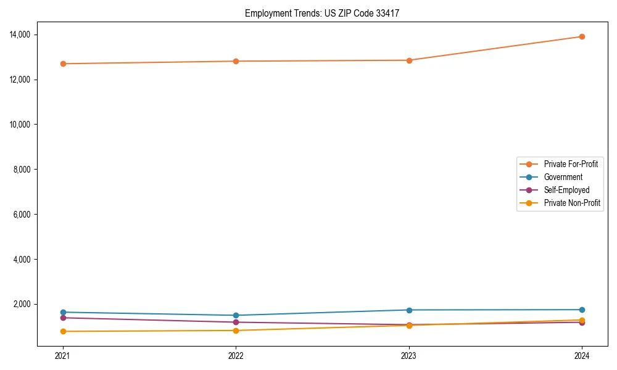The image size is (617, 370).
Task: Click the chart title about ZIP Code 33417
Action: click(x=321, y=13)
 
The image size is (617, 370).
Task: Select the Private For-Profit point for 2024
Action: click(x=582, y=36)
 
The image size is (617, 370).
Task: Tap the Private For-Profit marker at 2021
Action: click(x=63, y=64)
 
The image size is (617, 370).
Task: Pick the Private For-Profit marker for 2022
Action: click(x=236, y=61)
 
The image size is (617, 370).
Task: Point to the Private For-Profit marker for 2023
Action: click(x=409, y=60)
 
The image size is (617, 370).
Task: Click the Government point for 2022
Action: click(x=236, y=315)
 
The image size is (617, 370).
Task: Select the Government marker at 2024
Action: click(x=582, y=310)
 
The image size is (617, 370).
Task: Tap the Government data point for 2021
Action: click(x=63, y=312)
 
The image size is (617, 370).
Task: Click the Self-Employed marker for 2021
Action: click(x=63, y=318)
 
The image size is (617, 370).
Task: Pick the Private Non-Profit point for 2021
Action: click(x=63, y=331)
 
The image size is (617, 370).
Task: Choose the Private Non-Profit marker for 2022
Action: click(x=236, y=331)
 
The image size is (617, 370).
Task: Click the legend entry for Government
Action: click(x=563, y=177)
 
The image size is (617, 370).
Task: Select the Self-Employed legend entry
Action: click(x=566, y=190)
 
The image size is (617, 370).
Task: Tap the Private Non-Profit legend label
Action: click(x=572, y=203)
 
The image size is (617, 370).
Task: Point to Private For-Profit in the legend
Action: click(x=571, y=164)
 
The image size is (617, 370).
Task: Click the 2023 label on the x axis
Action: click(x=409, y=355)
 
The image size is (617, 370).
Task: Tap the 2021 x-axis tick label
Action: click(x=63, y=355)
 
